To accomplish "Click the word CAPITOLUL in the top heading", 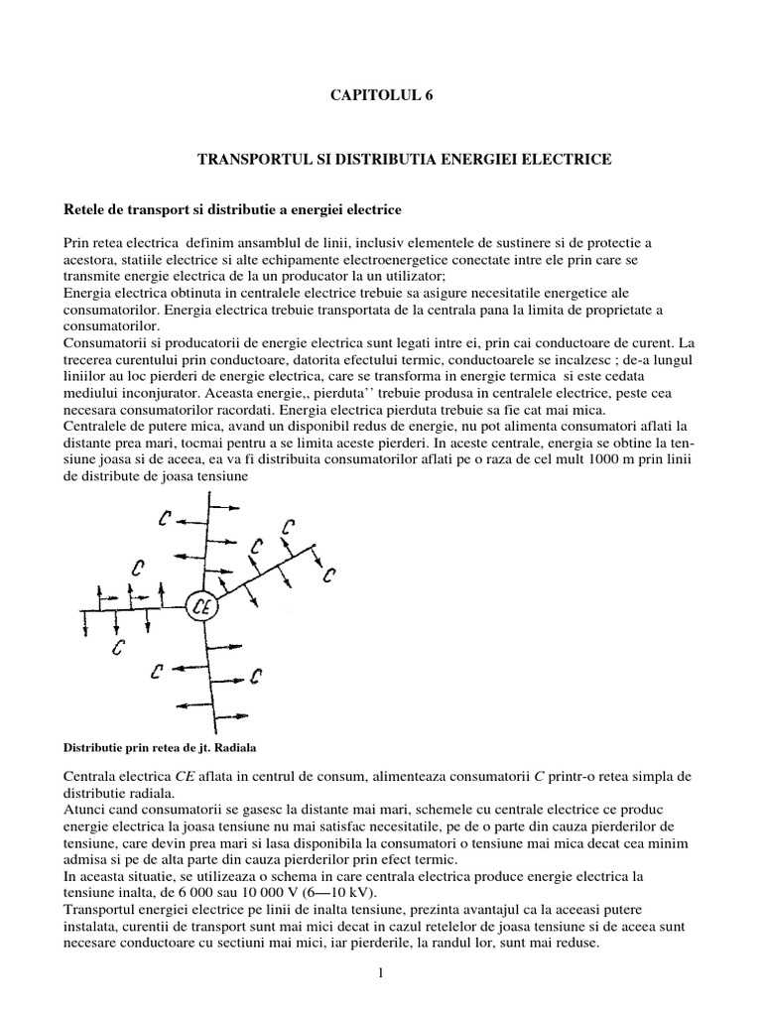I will tap(359, 95).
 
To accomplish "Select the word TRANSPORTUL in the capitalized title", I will tap(247, 159).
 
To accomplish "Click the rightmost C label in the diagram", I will tap(330, 573).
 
